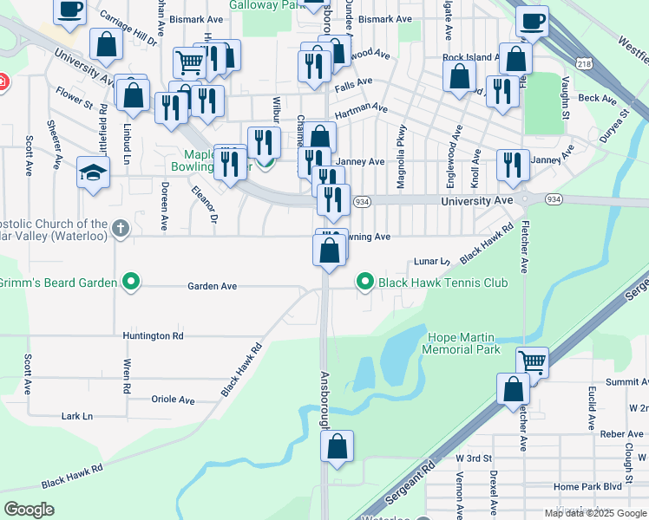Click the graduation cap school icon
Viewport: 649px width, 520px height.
coord(93,172)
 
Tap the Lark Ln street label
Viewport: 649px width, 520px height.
coord(77,416)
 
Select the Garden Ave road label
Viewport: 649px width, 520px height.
coord(213,286)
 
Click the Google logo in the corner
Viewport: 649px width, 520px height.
coord(29,510)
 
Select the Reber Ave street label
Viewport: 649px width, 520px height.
coord(621,434)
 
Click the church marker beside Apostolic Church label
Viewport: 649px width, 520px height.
coord(121,229)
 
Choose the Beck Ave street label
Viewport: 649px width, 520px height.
coord(597,99)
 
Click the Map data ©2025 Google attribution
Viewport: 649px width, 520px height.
coord(596,513)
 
